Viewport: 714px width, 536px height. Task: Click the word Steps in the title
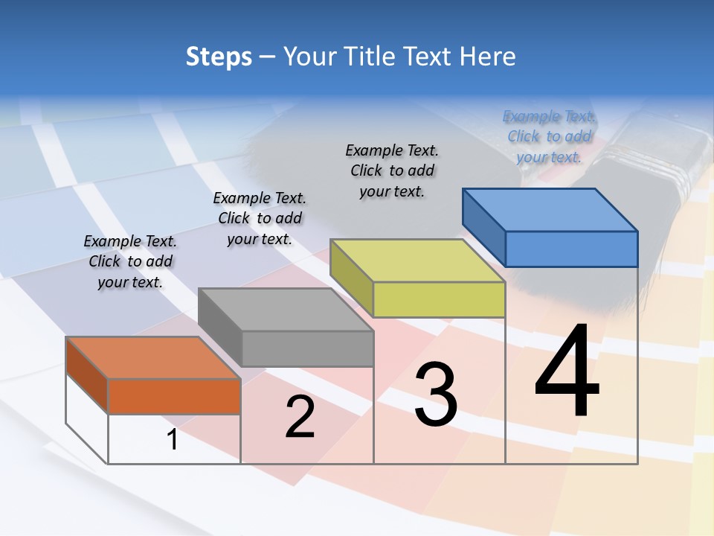point(219,57)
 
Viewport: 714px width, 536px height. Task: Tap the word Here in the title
point(488,57)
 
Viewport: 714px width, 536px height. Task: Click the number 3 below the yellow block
point(436,395)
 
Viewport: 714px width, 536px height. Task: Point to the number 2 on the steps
point(300,417)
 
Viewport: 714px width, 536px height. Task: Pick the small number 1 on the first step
point(173,440)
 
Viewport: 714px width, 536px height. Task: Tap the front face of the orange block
point(174,396)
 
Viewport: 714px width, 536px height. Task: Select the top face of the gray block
point(286,309)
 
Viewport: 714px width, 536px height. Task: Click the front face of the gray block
point(307,348)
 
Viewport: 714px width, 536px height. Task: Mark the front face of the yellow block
point(439,299)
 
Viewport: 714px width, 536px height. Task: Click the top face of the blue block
point(550,209)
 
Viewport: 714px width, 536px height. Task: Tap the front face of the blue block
point(571,249)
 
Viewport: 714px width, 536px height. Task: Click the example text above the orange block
point(130,261)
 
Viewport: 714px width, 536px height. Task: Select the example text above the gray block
point(260,218)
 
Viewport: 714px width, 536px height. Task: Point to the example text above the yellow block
point(392,170)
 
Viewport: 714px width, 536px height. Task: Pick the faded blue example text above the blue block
point(549,136)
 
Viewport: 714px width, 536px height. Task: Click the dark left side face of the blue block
point(484,226)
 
